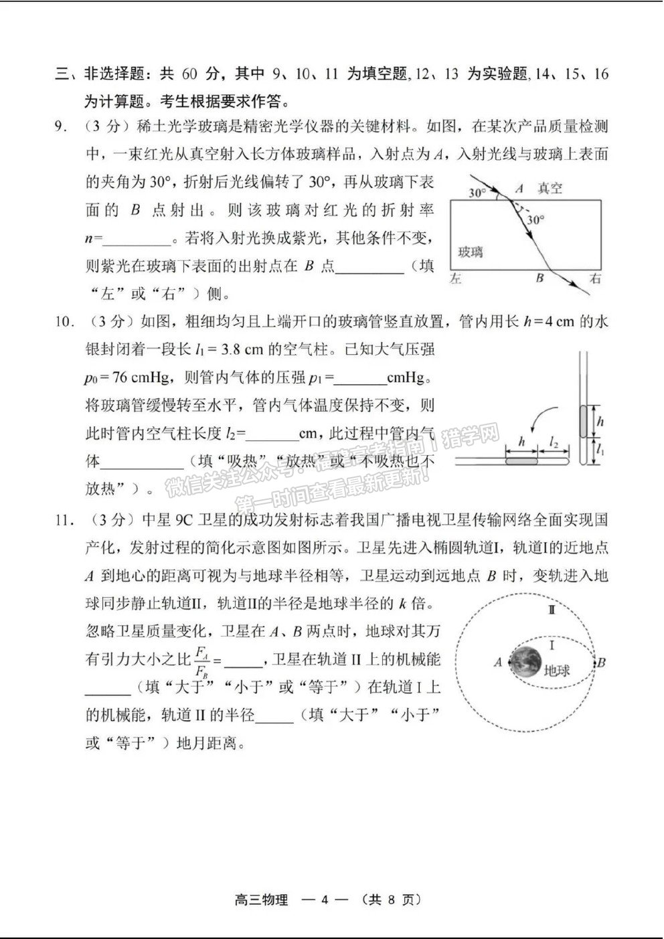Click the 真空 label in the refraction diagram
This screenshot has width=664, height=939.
(550, 189)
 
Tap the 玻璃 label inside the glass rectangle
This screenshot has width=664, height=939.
(470, 252)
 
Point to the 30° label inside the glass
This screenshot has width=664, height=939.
(535, 220)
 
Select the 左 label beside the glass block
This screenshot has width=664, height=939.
(456, 279)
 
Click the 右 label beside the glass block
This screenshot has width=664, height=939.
(594, 279)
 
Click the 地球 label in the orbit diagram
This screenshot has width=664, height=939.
(557, 671)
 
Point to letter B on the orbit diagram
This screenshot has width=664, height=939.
(601, 663)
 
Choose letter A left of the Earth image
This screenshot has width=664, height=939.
(497, 663)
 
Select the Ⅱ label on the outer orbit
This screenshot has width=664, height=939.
(552, 610)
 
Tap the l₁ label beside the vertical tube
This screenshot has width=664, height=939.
(600, 451)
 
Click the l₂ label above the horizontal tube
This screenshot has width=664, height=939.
(554, 442)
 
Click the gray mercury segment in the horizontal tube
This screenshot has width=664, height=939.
(522, 461)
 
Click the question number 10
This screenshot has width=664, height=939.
(64, 322)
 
